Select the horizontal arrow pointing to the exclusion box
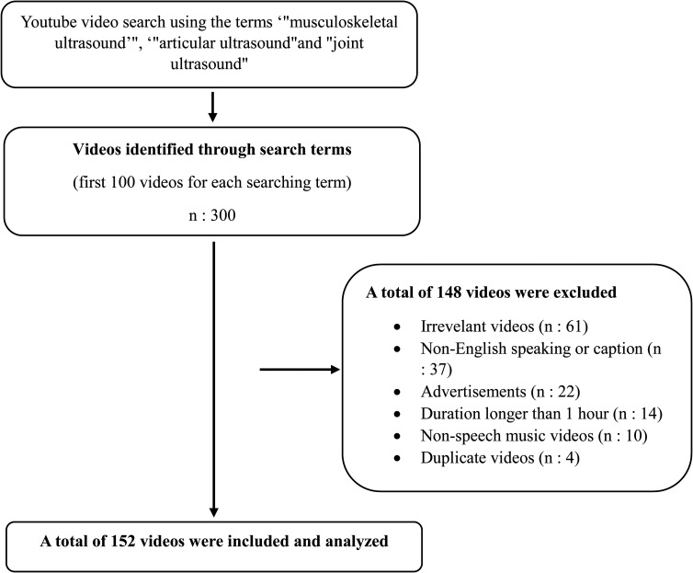click(300, 371)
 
